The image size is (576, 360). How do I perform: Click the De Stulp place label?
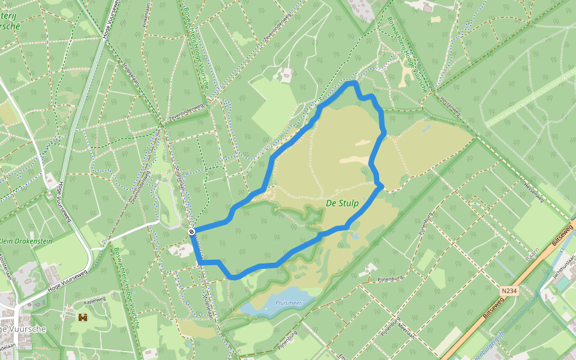tap(342, 203)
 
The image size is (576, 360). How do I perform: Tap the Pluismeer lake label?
tap(288, 303)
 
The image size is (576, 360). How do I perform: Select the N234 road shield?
tap(508, 291)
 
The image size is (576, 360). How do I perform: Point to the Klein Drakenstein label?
tap(26, 241)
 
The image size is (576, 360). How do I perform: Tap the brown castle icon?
tap(83, 316)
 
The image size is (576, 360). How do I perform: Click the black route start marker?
tap(191, 231)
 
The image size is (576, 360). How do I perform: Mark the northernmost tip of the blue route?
tap(353, 82)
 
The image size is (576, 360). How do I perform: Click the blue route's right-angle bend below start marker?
tap(199, 262)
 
